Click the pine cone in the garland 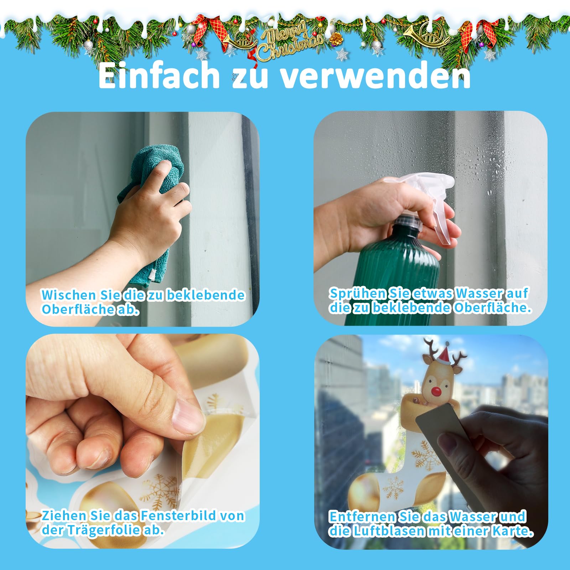[335, 39]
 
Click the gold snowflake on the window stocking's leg [422, 454]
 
